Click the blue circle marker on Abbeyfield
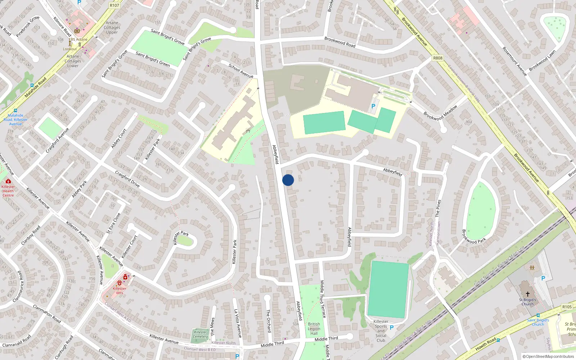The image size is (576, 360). [288, 180]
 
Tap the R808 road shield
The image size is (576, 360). [438, 58]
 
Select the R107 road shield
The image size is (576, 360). [114, 5]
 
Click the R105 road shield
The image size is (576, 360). [567, 307]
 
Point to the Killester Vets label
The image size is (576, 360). [120, 291]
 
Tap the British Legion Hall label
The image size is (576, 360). [314, 329]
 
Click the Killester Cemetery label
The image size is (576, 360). [201, 334]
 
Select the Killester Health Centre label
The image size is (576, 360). [8, 191]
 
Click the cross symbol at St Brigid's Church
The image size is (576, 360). [528, 294]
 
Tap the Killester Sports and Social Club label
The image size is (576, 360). [381, 331]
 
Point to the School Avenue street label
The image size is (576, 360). [241, 71]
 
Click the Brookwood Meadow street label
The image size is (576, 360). [441, 113]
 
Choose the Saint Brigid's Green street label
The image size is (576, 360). [153, 59]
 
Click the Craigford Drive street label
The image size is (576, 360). [127, 179]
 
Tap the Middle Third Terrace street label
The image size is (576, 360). [323, 299]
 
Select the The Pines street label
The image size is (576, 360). [438, 208]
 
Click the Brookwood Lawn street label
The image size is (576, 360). [542, 60]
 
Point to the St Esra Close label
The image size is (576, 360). [113, 223]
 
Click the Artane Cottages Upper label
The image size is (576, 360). [112, 27]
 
